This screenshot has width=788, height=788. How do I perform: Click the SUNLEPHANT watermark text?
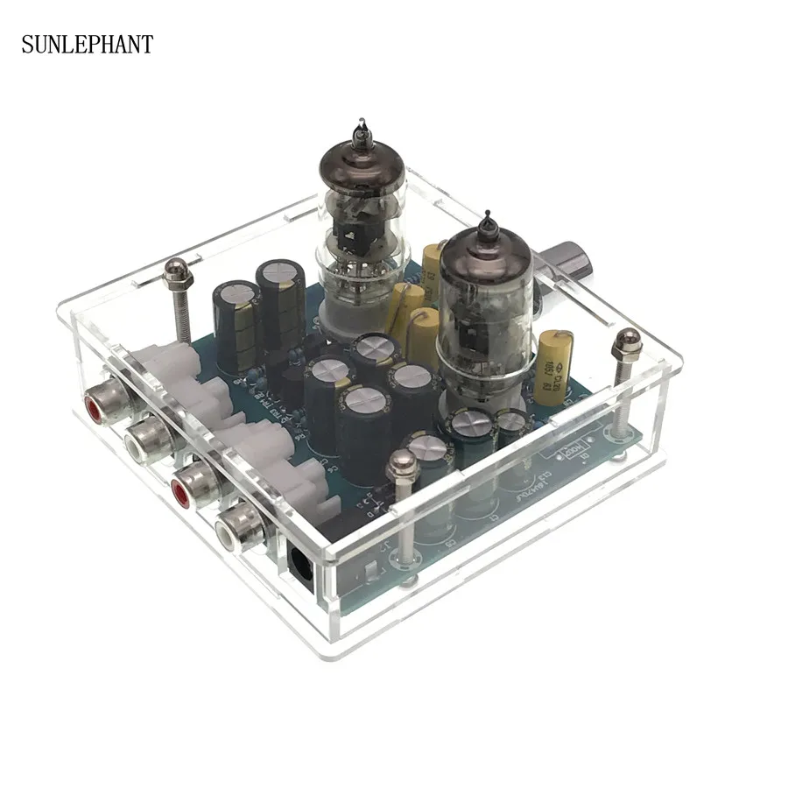tap(87, 44)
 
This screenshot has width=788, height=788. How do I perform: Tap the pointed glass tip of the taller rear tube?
tap(360, 130)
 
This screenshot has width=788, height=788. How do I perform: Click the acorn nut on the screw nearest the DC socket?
tap(403, 465)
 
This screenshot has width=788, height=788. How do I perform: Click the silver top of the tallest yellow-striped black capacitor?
tap(280, 273)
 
